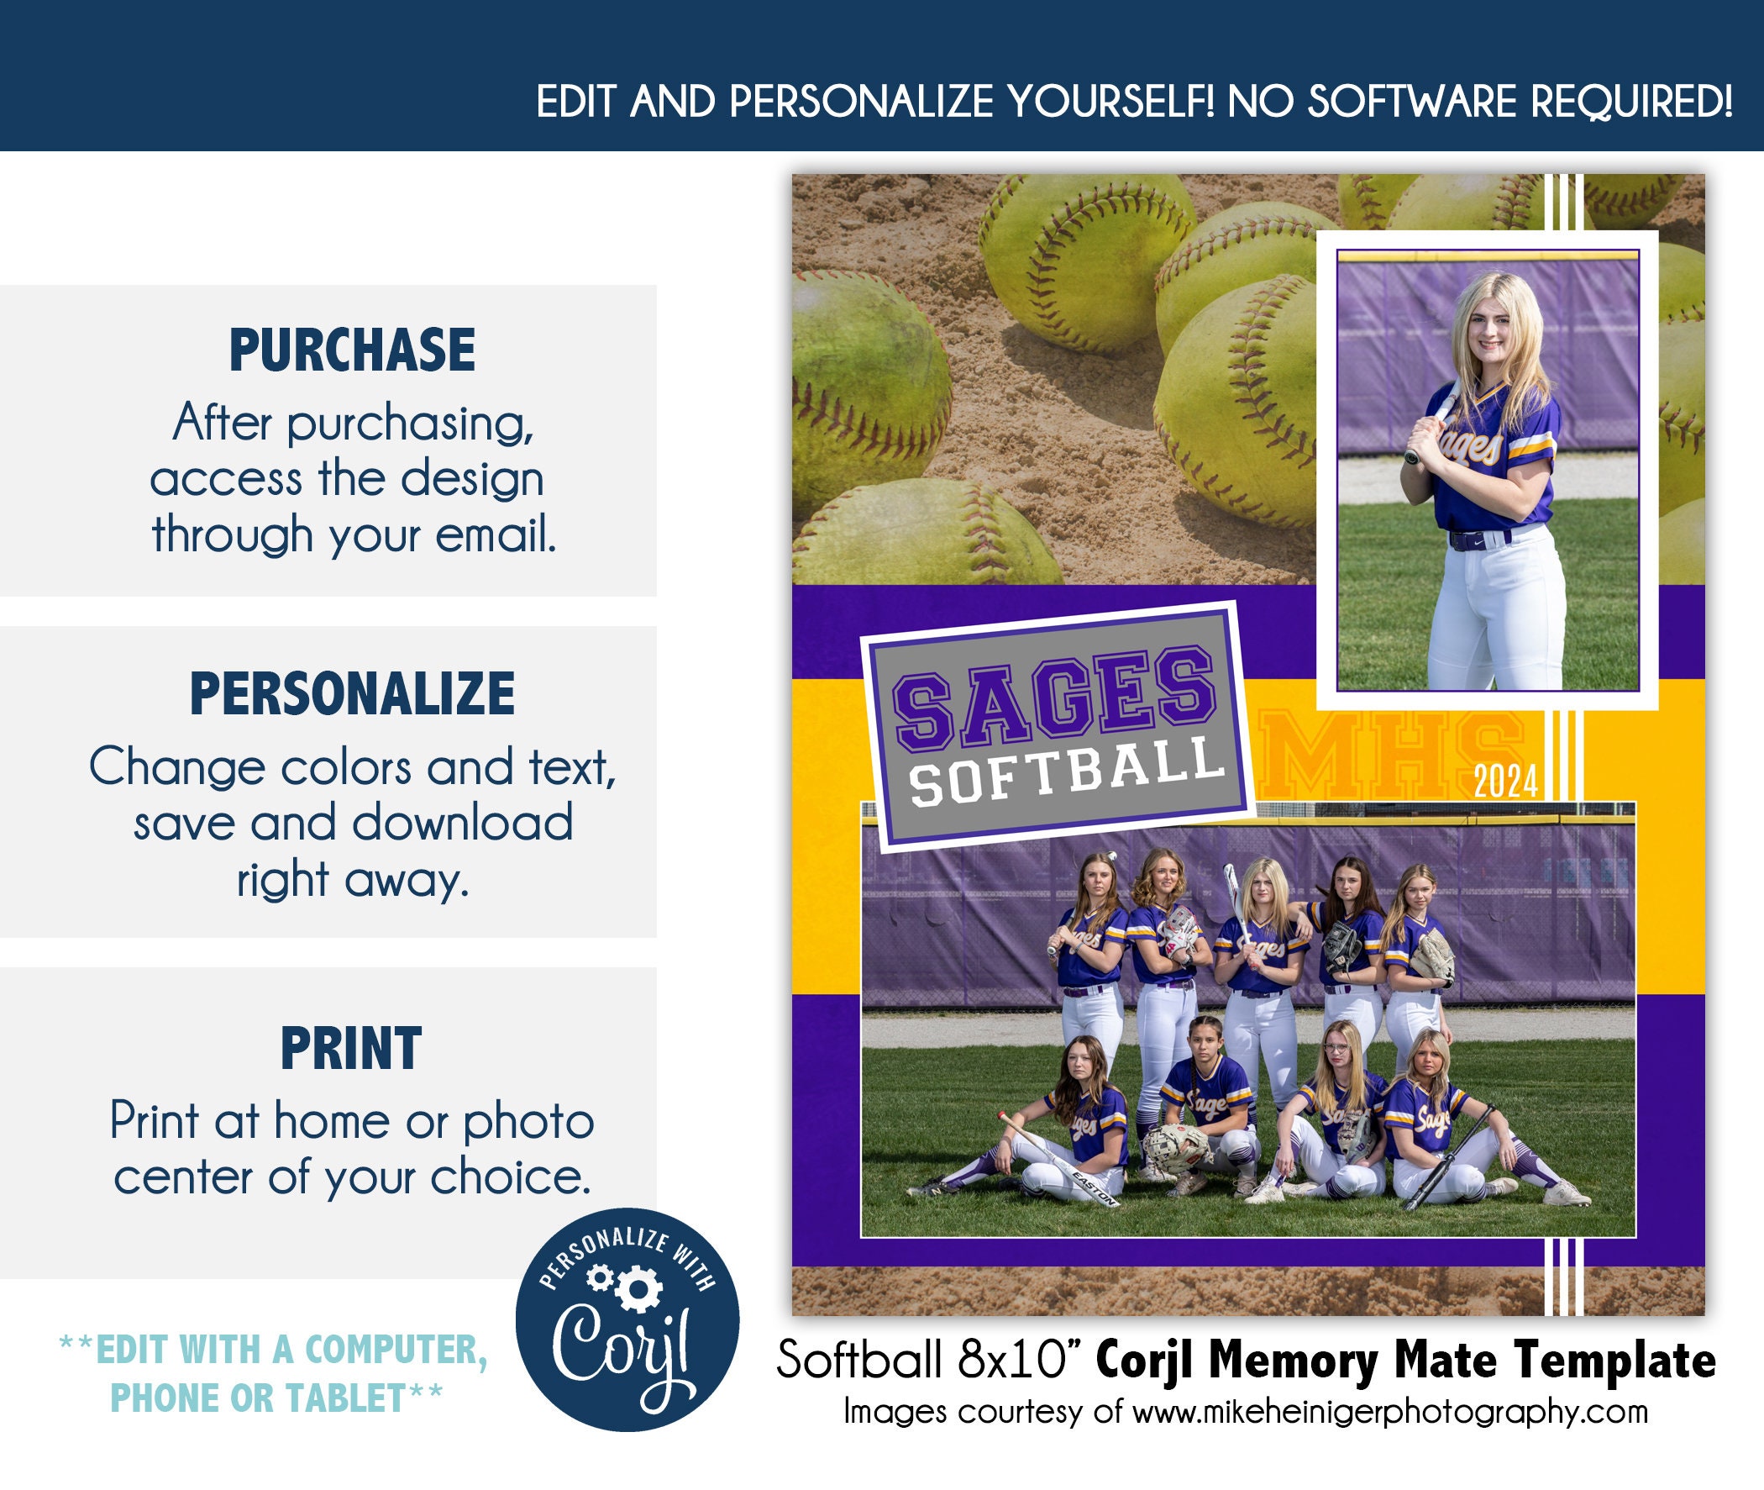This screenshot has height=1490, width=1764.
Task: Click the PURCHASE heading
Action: click(352, 350)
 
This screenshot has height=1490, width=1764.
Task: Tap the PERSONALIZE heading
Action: click(352, 693)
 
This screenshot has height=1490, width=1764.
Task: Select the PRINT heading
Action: click(350, 1048)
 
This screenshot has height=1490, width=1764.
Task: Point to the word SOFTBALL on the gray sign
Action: click(1066, 771)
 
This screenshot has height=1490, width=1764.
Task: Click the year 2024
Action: click(1504, 782)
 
